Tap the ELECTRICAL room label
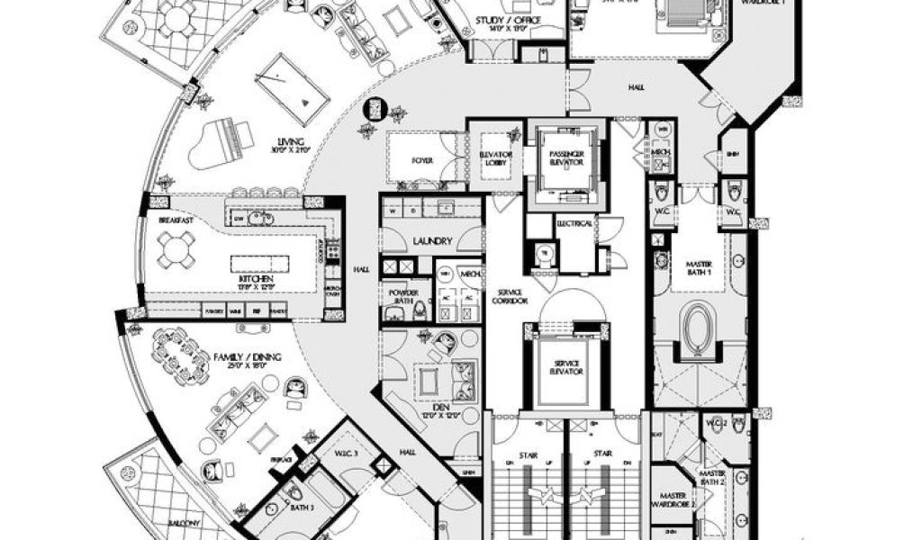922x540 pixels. [575, 222]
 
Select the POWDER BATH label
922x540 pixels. [399, 296]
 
